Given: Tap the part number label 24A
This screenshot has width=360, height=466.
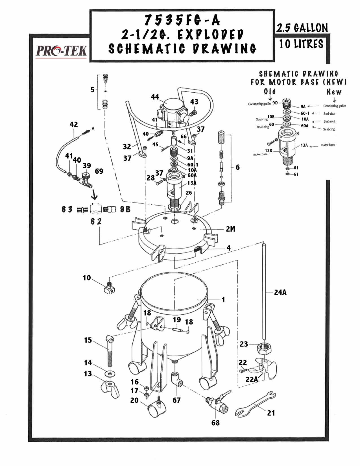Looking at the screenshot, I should click(x=280, y=292).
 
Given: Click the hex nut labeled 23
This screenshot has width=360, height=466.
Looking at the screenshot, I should click(x=264, y=349).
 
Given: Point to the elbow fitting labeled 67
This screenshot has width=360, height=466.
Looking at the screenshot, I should click(x=176, y=380).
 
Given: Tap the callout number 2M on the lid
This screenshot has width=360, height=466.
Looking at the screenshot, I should click(x=230, y=228).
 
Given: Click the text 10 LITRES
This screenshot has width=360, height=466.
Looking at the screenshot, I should click(x=301, y=44).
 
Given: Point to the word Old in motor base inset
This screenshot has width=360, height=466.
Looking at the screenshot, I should click(x=270, y=92).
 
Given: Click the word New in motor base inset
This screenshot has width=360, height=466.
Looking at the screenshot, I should click(x=334, y=92).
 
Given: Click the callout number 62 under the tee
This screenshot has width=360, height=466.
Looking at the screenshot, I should click(x=96, y=221).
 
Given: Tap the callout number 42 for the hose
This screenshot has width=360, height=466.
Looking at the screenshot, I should click(x=74, y=124).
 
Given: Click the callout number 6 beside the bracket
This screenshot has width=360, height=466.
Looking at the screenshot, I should click(x=237, y=167).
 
